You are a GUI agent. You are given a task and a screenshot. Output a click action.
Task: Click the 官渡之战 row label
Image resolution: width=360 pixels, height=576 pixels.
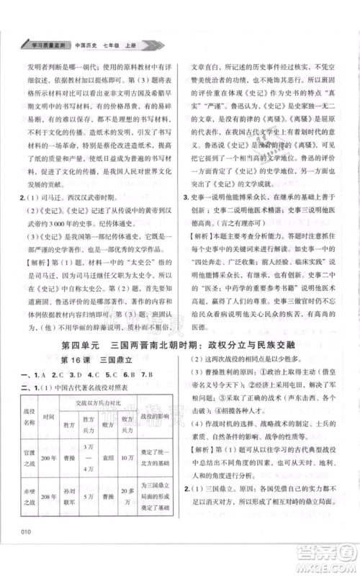click(27, 457)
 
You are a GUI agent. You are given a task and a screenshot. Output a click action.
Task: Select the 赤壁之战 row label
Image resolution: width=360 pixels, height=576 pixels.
click(27, 518)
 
